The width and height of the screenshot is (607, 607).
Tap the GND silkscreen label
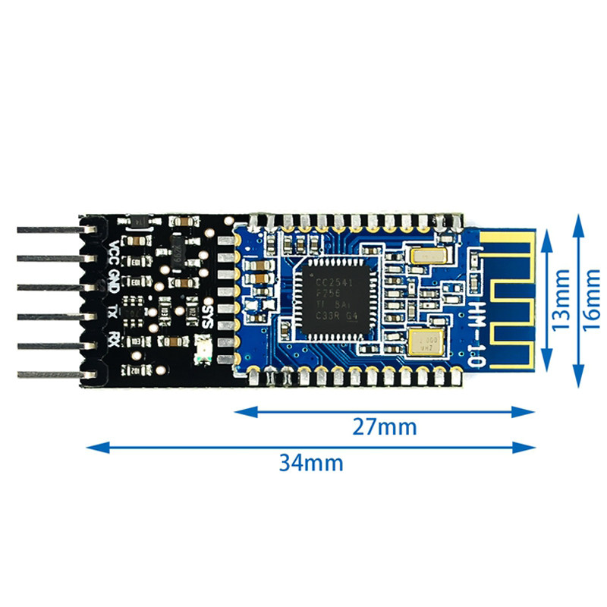click(x=112, y=281)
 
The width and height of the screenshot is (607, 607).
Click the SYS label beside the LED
click(x=203, y=310)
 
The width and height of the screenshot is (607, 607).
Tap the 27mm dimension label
click(x=384, y=427)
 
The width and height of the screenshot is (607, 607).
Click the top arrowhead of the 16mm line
click(x=579, y=219)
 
